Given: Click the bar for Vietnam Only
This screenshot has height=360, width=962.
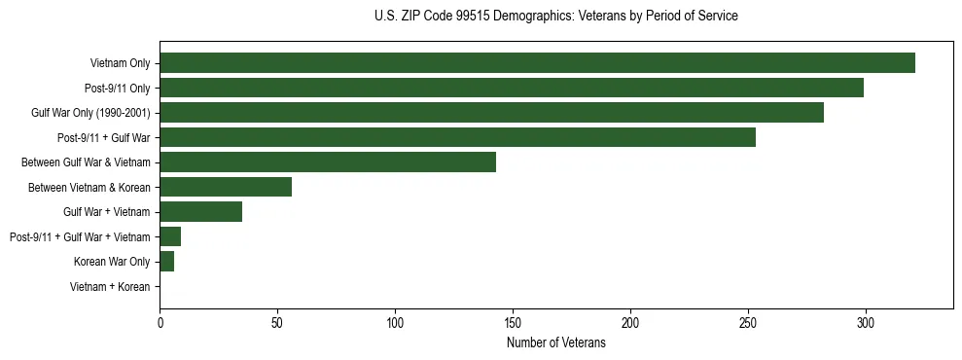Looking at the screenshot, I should [537, 63].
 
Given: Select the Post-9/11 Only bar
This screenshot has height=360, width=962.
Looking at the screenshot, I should [512, 89].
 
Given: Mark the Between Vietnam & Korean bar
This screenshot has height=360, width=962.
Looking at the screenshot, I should [226, 187].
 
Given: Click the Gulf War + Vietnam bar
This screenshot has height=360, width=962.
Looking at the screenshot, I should [200, 212].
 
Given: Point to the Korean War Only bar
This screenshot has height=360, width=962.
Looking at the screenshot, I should [166, 262].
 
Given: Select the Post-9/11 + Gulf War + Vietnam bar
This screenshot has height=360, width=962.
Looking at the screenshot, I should [170, 236].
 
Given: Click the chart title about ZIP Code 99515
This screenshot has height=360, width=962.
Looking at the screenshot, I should [555, 17].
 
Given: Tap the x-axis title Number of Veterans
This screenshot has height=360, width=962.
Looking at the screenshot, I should [555, 343].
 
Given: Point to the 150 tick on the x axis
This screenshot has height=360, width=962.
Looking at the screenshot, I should [513, 322].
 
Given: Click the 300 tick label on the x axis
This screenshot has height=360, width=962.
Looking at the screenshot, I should [866, 322].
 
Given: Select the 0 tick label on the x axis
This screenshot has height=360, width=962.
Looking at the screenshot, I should [160, 322].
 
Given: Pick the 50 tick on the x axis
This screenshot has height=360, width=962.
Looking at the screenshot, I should [277, 322].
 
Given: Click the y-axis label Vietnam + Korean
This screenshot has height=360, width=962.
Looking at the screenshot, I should [110, 287].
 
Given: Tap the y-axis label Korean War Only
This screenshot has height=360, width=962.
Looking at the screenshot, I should [112, 262].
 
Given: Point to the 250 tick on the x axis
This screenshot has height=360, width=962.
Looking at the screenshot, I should [748, 322].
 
